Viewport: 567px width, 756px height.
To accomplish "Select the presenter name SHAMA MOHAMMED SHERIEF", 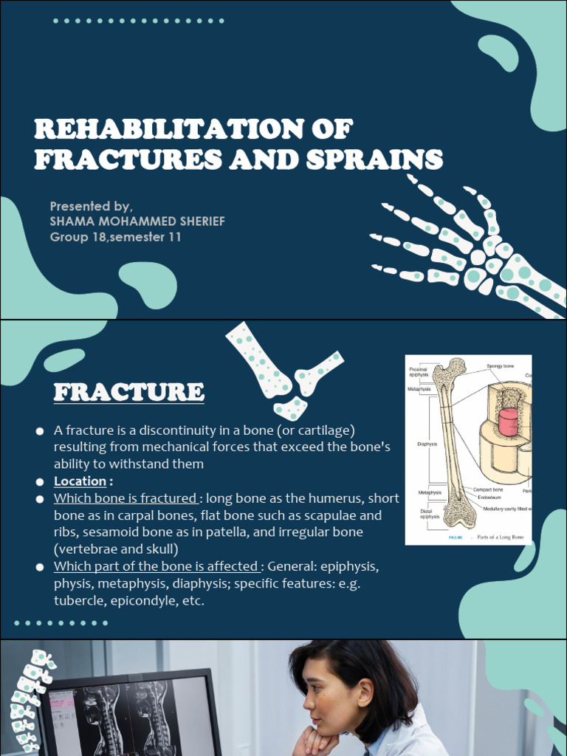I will click(137, 221).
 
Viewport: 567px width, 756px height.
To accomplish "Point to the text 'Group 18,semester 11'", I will click(115, 237).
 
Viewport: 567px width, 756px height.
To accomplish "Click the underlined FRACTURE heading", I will click(128, 392).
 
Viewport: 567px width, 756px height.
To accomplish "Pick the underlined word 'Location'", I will click(80, 481).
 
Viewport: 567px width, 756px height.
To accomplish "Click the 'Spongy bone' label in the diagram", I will click(500, 366).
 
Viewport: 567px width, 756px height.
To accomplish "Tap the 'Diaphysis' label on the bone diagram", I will click(427, 444).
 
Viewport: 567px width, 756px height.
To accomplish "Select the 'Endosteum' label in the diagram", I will click(489, 498).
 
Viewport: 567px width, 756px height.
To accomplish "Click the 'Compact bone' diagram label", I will click(488, 489).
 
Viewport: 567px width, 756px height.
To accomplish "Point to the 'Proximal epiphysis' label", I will click(419, 372).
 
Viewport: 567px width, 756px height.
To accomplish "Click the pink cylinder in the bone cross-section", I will click(508, 422).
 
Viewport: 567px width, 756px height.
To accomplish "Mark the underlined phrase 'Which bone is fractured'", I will click(125, 498).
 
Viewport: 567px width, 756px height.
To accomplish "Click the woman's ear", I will click(365, 693).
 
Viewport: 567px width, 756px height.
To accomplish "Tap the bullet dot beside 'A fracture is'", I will click(40, 430).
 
